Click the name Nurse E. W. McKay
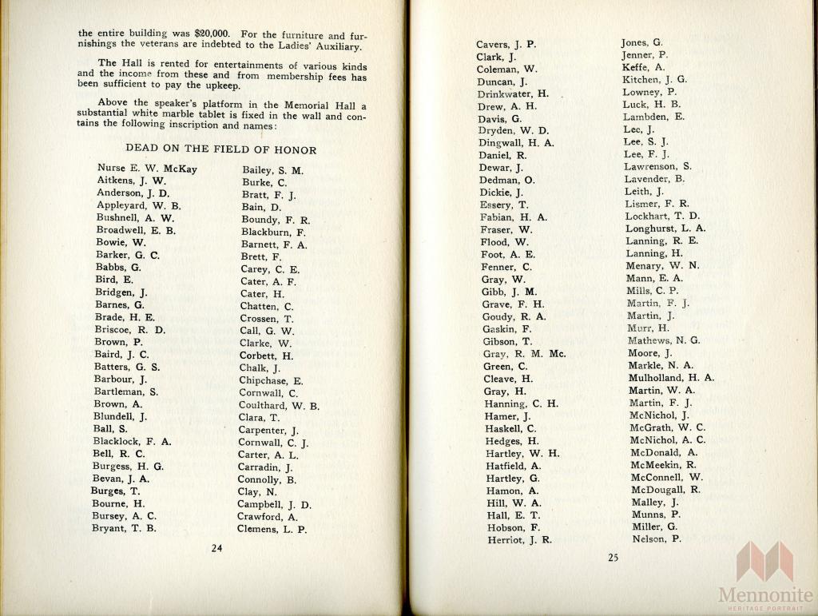[x=147, y=169]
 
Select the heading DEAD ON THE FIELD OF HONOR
[x=220, y=149]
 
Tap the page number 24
[x=216, y=547]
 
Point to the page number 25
[x=613, y=558]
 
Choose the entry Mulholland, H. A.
[x=672, y=378]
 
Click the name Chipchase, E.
[x=271, y=380]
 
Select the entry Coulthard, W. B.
[x=279, y=405]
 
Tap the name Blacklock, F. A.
[x=133, y=441]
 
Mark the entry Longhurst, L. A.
[x=665, y=229]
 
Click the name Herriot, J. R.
[x=519, y=540]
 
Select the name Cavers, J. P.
[x=506, y=44]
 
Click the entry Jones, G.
[x=642, y=42]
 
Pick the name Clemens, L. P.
[x=272, y=529]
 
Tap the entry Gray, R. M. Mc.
[x=524, y=353]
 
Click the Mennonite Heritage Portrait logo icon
[x=764, y=561]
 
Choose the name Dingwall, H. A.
[x=515, y=142]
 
